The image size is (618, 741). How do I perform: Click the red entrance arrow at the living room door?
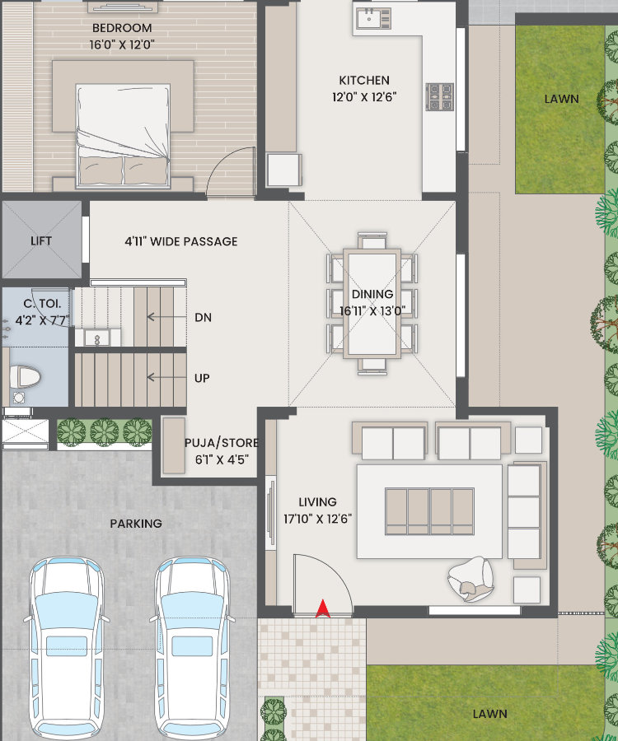pos(323,608)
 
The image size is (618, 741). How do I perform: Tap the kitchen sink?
pos(373,19)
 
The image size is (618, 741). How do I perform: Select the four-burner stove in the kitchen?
pos(440,97)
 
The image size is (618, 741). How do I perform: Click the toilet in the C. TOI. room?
pos(25,376)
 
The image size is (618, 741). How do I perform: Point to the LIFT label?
pos(41,241)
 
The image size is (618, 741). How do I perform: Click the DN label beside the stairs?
pos(204,318)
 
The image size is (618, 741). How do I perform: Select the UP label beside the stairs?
pos(202,378)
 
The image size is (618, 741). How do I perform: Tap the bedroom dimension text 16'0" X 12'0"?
pos(123,45)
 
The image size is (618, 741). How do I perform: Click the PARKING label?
pos(136,524)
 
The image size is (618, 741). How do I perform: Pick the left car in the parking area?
pos(67,647)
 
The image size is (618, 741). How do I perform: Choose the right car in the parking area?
pos(193,647)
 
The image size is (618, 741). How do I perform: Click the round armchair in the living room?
pos(471,579)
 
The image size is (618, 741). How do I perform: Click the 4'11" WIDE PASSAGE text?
pos(181,241)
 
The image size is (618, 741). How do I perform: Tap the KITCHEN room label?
pos(364,81)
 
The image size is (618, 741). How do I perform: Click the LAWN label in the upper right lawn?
pos(561,99)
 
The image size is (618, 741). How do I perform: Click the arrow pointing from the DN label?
pos(166,317)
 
